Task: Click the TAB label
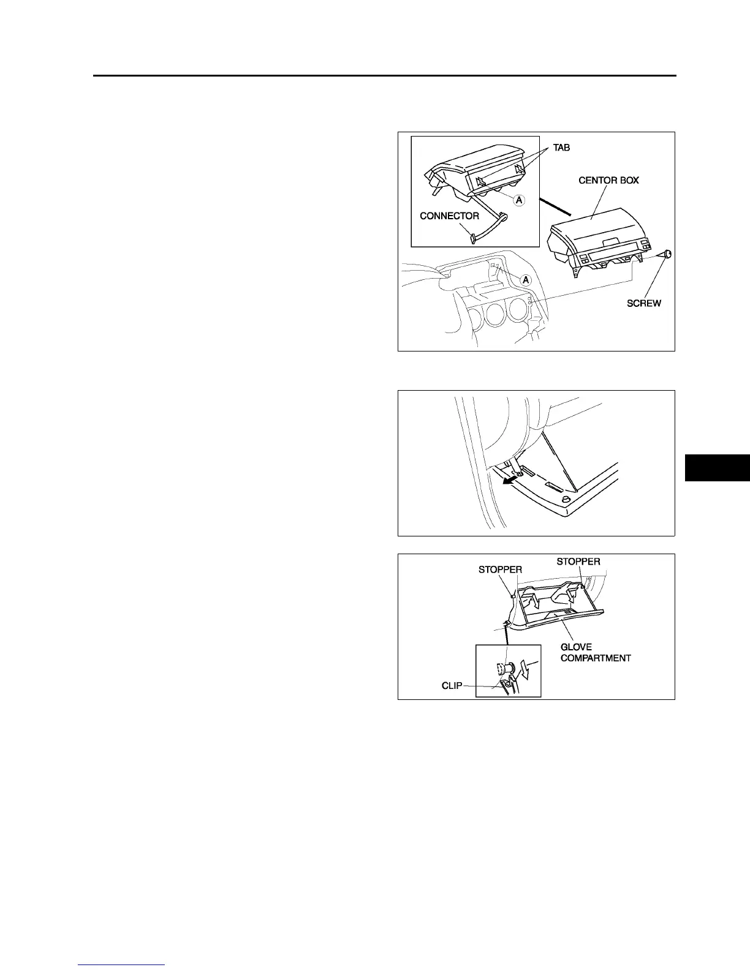[x=561, y=148]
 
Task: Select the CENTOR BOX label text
[x=608, y=181]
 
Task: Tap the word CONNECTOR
[x=449, y=216]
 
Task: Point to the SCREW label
[x=644, y=303]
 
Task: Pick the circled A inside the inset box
[x=518, y=200]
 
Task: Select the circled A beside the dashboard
[x=525, y=279]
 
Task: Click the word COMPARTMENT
[x=596, y=658]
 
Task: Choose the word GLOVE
[x=576, y=647]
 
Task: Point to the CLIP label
[x=452, y=686]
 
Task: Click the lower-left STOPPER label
[x=500, y=570]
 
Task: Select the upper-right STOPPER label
[x=578, y=562]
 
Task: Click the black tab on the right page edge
[x=717, y=468]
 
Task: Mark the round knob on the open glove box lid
[x=567, y=502]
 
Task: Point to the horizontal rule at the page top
[x=384, y=76]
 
